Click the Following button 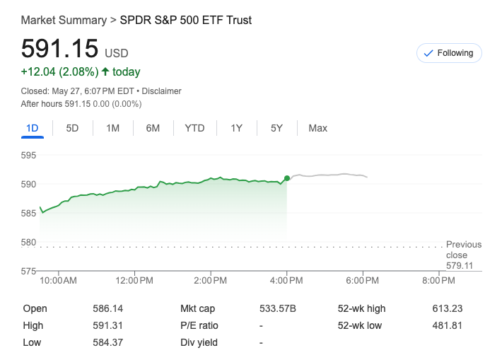(449, 53)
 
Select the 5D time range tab (72, 128)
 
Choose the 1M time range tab (112, 128)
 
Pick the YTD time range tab (194, 128)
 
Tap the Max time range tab (317, 128)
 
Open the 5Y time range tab (276, 128)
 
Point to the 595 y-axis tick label (29, 156)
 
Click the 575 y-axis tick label (29, 271)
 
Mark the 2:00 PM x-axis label (210, 281)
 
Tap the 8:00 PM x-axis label (438, 281)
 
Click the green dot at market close (286, 178)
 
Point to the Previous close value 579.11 (459, 266)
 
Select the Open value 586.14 (107, 308)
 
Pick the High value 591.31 (107, 325)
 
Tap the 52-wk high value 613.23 (447, 308)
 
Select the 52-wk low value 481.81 (447, 325)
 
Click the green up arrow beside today (105, 71)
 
